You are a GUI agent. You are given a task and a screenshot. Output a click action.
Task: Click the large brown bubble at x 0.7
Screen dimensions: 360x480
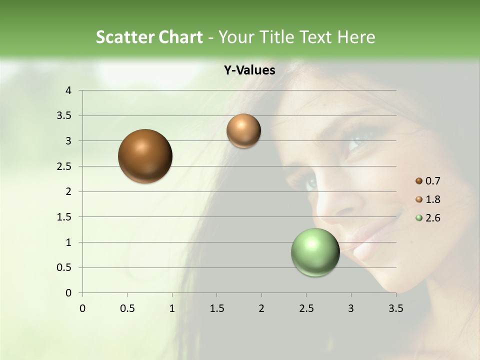145,156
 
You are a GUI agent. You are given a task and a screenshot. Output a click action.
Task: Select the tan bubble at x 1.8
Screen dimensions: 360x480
243,131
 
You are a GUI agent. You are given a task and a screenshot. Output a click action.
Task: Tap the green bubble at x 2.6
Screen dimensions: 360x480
315,252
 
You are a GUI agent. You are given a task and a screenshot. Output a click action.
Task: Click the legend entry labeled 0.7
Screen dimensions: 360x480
432,181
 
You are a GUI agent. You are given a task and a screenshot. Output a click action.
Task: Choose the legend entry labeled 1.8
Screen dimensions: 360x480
432,199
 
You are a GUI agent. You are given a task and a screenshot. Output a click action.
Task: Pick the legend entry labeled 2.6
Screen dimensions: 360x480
432,218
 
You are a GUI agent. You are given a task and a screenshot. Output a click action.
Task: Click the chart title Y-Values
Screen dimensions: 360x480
249,70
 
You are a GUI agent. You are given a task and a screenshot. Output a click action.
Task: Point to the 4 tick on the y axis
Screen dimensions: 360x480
69,90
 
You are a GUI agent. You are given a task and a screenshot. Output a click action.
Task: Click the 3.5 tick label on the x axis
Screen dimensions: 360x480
395,308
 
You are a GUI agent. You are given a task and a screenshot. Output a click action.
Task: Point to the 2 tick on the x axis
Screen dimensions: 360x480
261,308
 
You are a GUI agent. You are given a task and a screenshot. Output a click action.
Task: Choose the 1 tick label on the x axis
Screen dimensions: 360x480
172,308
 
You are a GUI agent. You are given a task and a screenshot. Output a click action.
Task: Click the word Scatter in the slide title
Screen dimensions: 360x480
125,37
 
